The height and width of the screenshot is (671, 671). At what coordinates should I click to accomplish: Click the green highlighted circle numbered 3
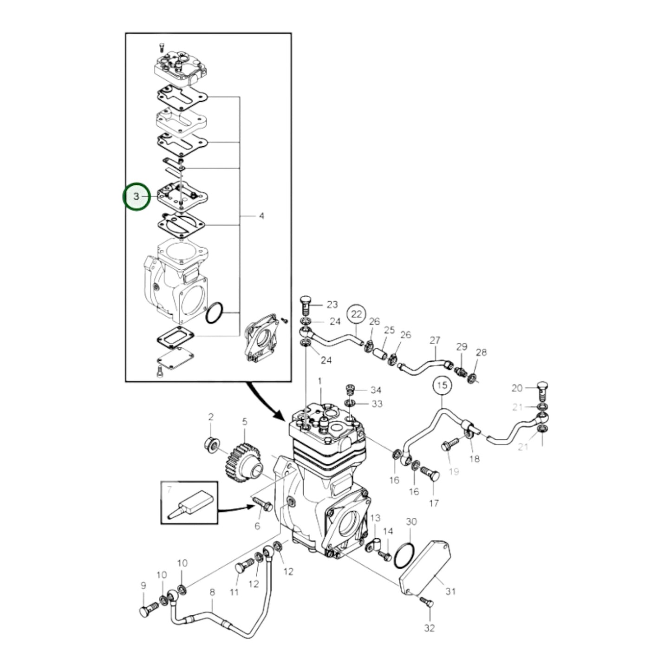pos(137,196)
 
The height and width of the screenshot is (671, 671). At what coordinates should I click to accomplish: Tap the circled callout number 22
pos(356,314)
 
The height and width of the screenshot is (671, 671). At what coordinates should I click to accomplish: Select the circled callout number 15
pos(442,385)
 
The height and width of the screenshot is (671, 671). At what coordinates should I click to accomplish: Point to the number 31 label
pos(450,591)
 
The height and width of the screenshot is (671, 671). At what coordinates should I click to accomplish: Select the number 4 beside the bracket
pos(261,216)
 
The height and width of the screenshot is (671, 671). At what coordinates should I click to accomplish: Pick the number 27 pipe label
pos(434,340)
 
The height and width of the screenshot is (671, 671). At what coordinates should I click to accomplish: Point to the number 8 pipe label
pos(212,592)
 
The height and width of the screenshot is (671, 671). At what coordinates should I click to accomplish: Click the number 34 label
pos(376,391)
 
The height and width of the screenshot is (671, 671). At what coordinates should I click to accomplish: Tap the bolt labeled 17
pos(429,475)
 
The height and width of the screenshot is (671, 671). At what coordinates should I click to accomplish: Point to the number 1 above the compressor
pos(319,381)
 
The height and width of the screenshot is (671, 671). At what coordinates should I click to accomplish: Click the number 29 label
pos(461,347)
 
